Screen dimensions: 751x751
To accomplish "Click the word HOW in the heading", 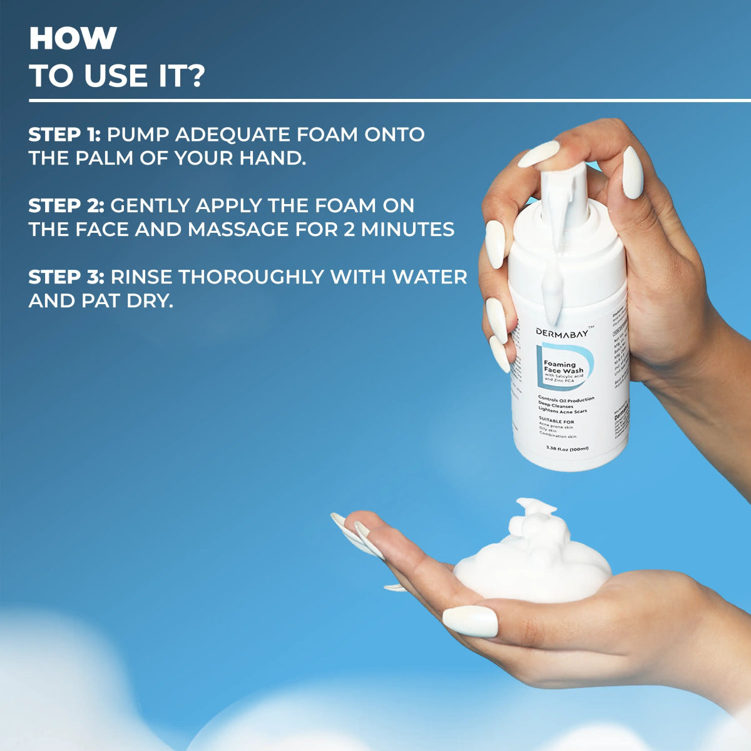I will click(73, 39).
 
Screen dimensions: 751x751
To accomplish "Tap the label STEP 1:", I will click(65, 135).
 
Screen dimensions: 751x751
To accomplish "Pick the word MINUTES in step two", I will click(407, 230).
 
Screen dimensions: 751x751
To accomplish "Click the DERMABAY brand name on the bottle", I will click(561, 332).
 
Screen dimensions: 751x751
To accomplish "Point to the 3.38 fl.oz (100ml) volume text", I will click(566, 448).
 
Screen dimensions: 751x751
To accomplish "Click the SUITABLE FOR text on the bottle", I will click(556, 421).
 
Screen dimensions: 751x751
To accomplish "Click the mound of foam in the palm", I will click(532, 560).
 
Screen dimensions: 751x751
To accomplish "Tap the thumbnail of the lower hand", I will click(469, 621).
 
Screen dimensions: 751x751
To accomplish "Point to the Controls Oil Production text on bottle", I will click(566, 399).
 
